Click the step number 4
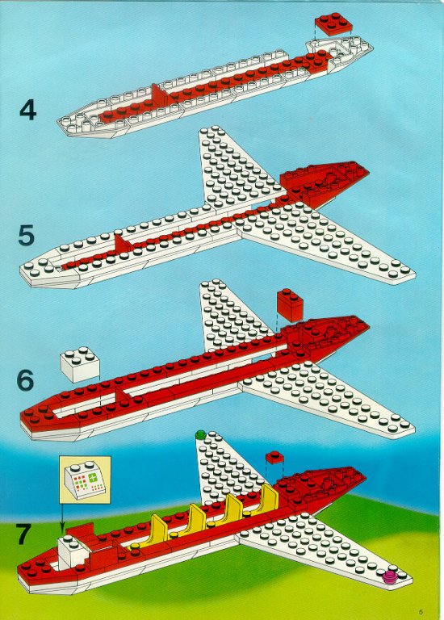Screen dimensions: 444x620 (27, 110)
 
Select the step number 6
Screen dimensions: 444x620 (25, 380)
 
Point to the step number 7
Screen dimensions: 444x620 (23, 534)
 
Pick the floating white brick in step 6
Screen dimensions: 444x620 (80, 364)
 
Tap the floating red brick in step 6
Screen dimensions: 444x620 (290, 305)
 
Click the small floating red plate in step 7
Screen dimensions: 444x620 (274, 458)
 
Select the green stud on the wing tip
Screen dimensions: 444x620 (200, 435)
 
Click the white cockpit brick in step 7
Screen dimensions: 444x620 (73, 551)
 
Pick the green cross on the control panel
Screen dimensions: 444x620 (94, 476)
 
